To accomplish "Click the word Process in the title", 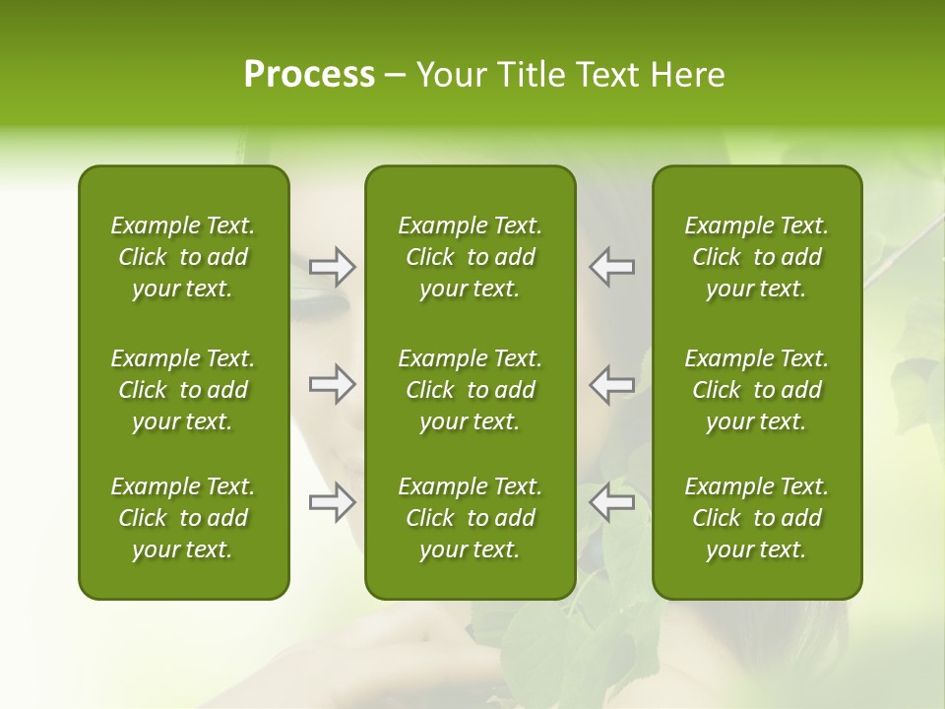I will click(309, 75).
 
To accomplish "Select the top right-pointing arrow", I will click(332, 267).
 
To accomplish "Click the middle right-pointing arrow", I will click(332, 384).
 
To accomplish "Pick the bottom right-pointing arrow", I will click(332, 502).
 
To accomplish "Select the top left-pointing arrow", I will click(611, 267).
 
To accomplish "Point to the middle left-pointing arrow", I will click(611, 384).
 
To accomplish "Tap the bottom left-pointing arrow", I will click(611, 502).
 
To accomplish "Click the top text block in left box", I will click(183, 257).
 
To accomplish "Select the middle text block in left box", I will click(183, 390).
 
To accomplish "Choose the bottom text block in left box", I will click(183, 518).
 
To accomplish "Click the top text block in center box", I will click(470, 257).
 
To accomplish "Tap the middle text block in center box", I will click(470, 390).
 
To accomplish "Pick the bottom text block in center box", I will click(470, 518).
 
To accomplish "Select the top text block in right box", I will click(756, 257).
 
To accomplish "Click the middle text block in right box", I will click(756, 390).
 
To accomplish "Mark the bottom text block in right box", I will click(756, 518).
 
